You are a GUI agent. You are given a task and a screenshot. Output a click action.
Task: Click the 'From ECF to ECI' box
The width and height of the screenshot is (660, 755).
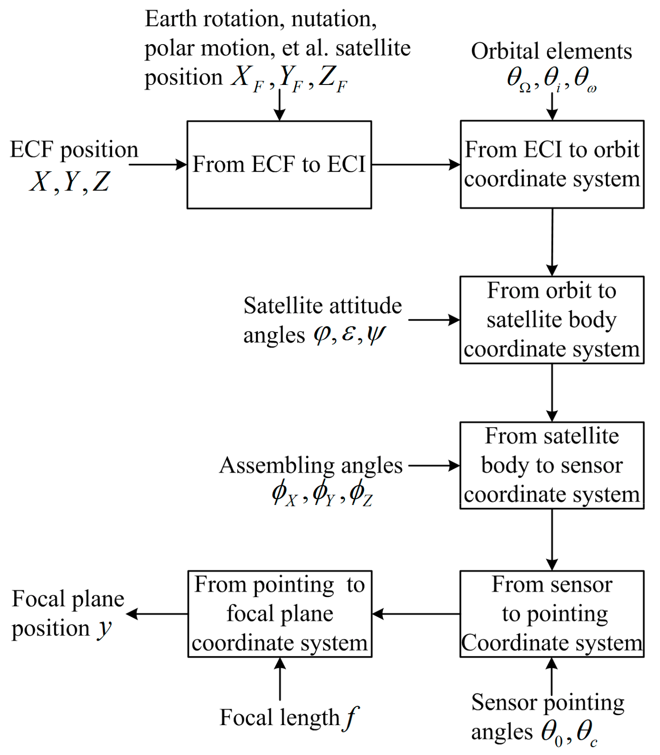(x=279, y=164)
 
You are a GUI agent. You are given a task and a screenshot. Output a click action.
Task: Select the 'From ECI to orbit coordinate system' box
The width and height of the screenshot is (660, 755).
(x=552, y=164)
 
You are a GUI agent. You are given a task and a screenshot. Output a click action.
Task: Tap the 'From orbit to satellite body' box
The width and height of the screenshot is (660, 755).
(x=552, y=320)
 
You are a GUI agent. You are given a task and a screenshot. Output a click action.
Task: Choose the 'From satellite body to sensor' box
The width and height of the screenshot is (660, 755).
(x=552, y=465)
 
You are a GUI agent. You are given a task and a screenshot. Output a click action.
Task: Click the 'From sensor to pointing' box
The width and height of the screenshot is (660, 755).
(x=552, y=614)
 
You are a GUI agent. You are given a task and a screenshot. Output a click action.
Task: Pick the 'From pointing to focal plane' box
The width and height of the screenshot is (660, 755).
(x=279, y=614)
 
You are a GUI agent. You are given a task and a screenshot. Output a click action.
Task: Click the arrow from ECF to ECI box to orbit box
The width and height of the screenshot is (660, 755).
(x=415, y=164)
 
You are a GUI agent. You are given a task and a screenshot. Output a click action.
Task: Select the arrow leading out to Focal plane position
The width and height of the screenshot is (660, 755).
(x=156, y=614)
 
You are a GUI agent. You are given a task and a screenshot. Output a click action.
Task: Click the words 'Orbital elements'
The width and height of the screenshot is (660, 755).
(x=551, y=51)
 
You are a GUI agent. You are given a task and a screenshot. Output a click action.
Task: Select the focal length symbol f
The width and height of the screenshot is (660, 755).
(x=351, y=717)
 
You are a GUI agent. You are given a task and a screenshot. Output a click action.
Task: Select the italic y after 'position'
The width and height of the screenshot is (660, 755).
(x=105, y=628)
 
